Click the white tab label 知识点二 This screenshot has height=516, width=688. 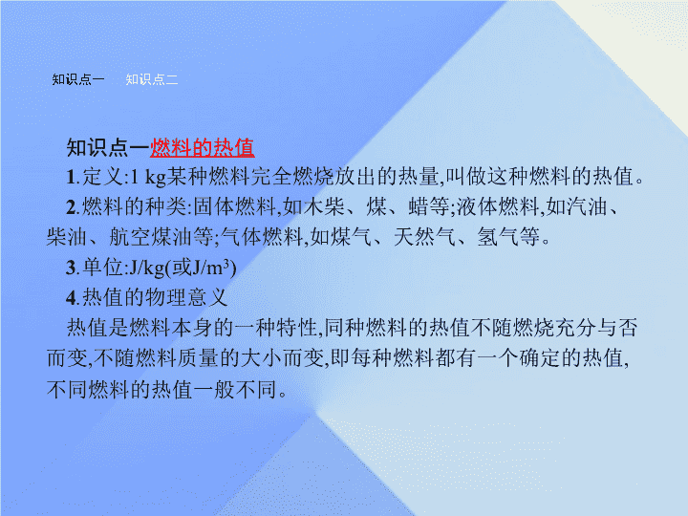[152, 79]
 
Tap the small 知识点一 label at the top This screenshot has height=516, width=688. [78, 79]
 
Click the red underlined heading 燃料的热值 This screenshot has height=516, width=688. [203, 148]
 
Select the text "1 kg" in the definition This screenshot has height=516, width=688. [148, 177]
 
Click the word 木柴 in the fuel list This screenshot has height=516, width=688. [324, 206]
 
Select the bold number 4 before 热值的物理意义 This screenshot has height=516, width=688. [72, 298]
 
